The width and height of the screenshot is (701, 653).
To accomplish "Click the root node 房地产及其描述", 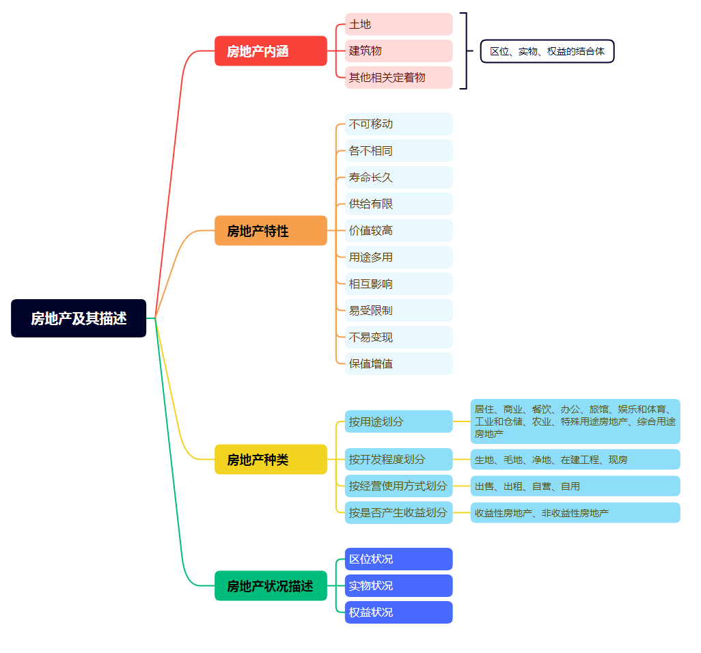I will (79, 318).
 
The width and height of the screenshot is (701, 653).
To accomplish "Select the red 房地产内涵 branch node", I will (271, 51).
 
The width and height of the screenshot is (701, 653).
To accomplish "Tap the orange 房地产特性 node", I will (271, 231).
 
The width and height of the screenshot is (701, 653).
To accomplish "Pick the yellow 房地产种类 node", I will (271, 460).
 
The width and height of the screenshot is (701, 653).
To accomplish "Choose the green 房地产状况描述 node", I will (271, 586).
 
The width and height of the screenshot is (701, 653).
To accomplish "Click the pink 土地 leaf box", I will (398, 25).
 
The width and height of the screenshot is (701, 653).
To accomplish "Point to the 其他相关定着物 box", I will (398, 78).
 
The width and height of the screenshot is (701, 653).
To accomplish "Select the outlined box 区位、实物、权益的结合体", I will (547, 51).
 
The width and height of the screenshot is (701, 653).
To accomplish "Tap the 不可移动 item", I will (398, 124).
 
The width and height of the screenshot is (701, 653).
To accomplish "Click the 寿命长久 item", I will (398, 178).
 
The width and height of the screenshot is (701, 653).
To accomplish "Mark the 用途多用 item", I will (398, 258).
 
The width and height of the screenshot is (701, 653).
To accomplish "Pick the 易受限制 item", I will (398, 311).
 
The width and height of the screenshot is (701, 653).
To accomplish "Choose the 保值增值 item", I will (398, 364).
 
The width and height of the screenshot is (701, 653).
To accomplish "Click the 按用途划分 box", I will (398, 422).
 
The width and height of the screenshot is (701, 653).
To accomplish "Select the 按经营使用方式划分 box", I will (398, 486).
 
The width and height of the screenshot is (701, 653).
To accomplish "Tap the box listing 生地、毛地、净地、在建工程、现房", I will (575, 460).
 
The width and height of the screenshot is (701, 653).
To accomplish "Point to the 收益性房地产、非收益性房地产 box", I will (575, 513).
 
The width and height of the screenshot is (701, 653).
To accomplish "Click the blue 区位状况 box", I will (398, 559).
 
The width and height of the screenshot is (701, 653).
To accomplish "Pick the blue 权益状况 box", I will (398, 613).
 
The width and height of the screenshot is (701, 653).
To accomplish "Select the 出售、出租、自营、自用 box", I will (575, 486).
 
